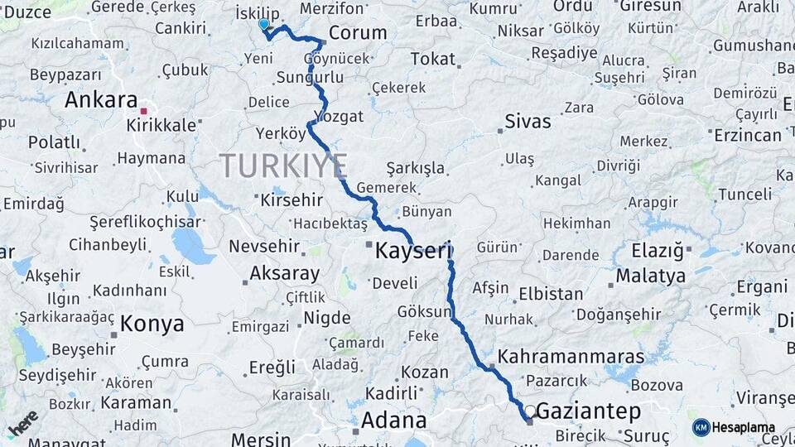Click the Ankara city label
tap(100, 100)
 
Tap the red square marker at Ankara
tap(143, 110)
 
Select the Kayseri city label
tap(412, 251)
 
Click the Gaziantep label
tap(589, 411)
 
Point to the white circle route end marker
tap(530, 411)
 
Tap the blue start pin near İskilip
tap(263, 25)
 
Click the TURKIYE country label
tap(283, 166)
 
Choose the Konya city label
tap(152, 324)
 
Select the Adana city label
tap(394, 420)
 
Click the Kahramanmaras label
tap(572, 356)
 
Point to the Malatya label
tap(651, 275)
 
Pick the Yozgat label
tap(340, 116)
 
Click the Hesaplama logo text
tap(744, 427)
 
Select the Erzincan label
tap(748, 134)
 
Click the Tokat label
tap(433, 59)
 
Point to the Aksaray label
tap(284, 273)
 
